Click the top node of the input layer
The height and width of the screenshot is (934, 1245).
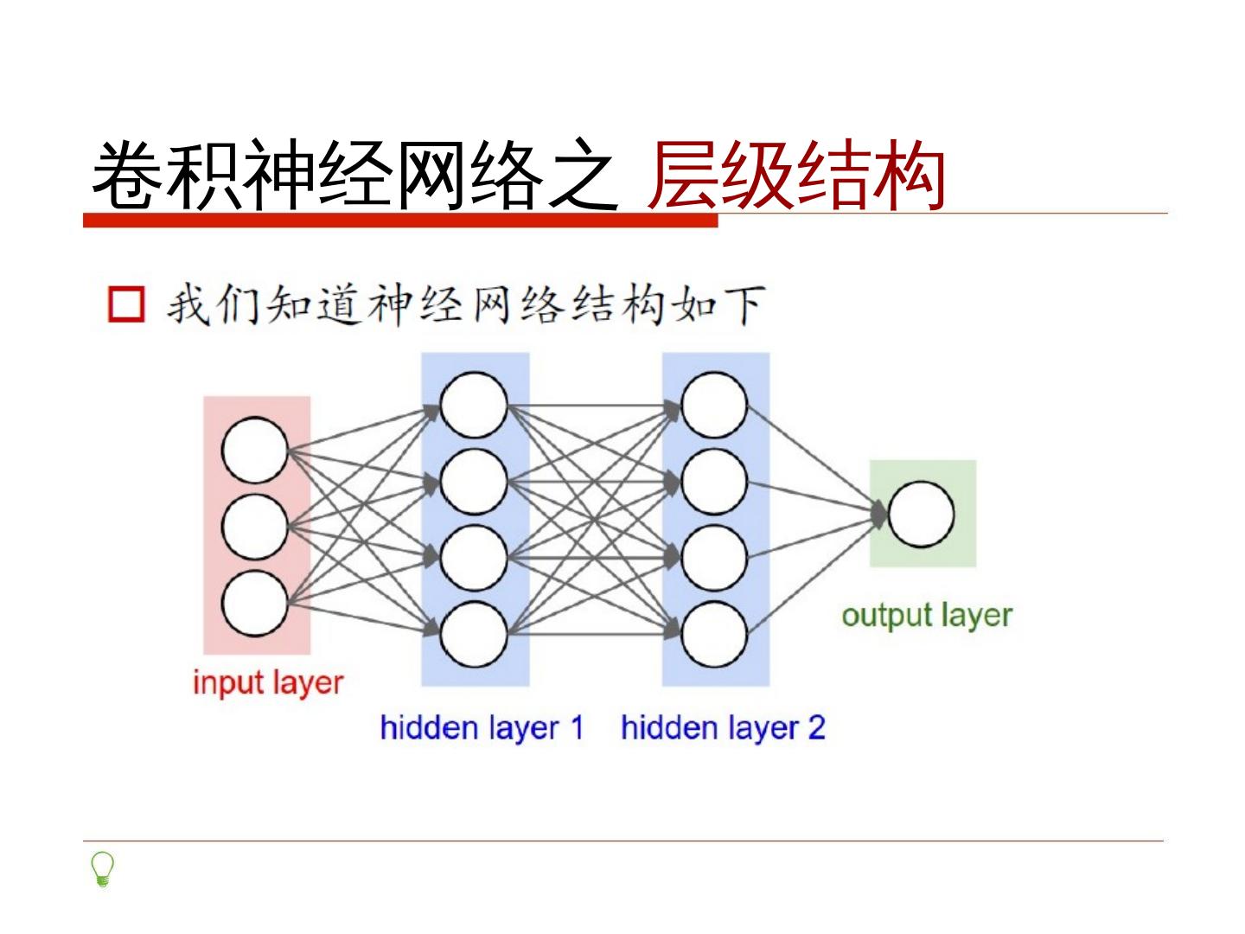pyautogui.click(x=255, y=450)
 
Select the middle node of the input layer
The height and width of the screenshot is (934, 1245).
pyautogui.click(x=255, y=526)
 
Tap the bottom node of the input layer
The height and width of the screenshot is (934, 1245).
pyautogui.click(x=255, y=603)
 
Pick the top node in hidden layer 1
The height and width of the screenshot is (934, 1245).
pyautogui.click(x=473, y=404)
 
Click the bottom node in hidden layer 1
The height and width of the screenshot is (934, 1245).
pyautogui.click(x=473, y=633)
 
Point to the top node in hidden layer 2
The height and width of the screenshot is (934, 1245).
pyautogui.click(x=714, y=404)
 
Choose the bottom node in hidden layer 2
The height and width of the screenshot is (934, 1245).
pyautogui.click(x=714, y=633)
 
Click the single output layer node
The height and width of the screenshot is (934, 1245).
pyautogui.click(x=922, y=514)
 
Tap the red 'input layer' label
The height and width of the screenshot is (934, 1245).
pyautogui.click(x=268, y=682)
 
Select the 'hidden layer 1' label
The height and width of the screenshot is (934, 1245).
pyautogui.click(x=482, y=727)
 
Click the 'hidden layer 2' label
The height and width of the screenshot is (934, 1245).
pyautogui.click(x=723, y=727)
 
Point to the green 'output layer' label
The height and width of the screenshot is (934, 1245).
pyautogui.click(x=926, y=616)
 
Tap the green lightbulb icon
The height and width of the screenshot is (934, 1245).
pyautogui.click(x=103, y=869)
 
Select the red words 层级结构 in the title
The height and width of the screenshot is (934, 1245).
pyautogui.click(x=795, y=176)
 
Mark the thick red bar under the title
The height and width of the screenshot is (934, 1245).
pyautogui.click(x=400, y=221)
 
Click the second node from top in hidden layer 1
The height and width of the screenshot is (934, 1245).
pyautogui.click(x=473, y=481)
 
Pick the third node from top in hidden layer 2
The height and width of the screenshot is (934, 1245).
pyautogui.click(x=714, y=557)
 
